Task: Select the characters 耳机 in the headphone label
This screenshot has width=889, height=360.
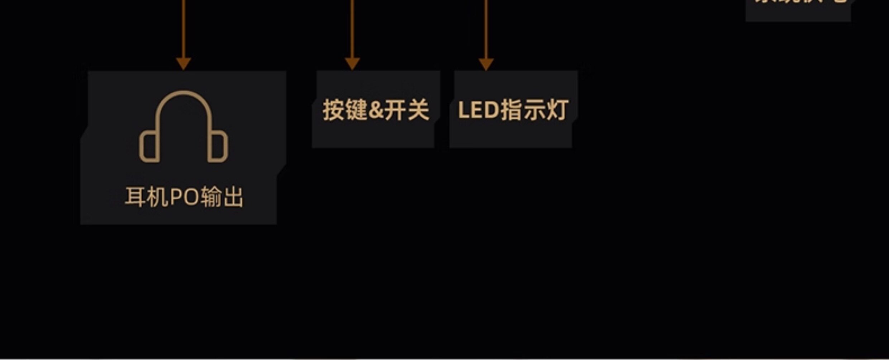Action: pyautogui.click(x=147, y=197)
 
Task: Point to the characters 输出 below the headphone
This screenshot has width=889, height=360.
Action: pyautogui.click(x=222, y=197)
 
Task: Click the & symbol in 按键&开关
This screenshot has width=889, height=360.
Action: pyautogui.click(x=376, y=110)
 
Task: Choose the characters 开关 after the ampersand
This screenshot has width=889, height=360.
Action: pyautogui.click(x=407, y=110)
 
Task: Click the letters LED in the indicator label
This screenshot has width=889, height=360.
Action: pyautogui.click(x=478, y=110)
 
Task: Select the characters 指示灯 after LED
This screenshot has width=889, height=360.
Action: pyautogui.click(x=534, y=110)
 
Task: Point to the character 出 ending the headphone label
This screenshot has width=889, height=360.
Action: pyautogui.click(x=233, y=197)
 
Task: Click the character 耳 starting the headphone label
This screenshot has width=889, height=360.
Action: pyautogui.click(x=135, y=197)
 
